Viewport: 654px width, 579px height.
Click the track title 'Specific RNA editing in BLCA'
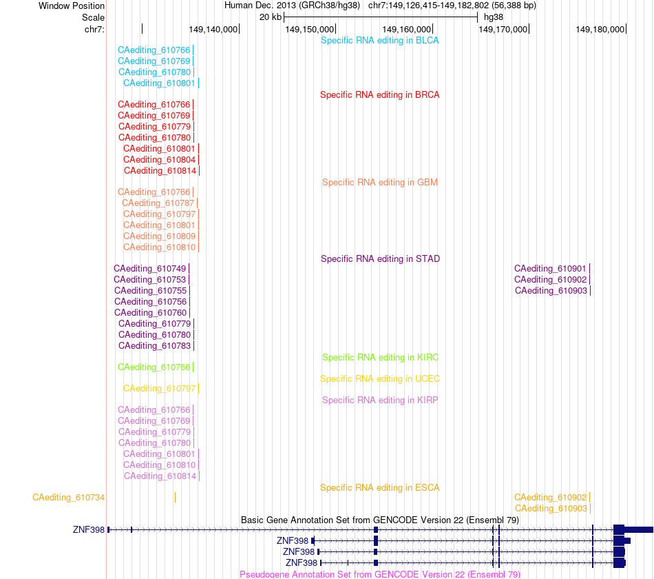tap(379, 41)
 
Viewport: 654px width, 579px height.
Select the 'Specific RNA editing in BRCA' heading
tap(379, 95)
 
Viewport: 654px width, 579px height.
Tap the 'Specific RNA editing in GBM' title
tap(379, 183)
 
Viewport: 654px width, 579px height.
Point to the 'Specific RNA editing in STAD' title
tap(380, 259)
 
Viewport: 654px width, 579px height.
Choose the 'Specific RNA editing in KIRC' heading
tap(380, 358)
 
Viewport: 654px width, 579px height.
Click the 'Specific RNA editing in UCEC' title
tap(380, 379)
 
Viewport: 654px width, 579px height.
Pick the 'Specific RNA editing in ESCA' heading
tap(379, 488)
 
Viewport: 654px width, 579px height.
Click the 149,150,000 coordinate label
tap(310, 30)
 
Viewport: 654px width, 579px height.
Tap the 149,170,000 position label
tap(503, 30)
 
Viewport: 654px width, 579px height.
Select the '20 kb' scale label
tap(271, 17)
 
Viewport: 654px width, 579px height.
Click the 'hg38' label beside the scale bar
tap(494, 17)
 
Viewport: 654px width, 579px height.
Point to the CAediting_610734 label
tap(68, 498)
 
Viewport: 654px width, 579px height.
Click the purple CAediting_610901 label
tap(550, 269)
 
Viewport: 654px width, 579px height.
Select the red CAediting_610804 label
tap(159, 160)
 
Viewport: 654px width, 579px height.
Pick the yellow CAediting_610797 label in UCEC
tap(159, 389)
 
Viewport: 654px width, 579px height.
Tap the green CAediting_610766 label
tap(154, 367)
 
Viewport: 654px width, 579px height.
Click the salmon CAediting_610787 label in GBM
tap(158, 203)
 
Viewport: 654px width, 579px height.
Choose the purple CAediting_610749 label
tap(150, 269)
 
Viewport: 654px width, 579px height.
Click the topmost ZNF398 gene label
tap(88, 529)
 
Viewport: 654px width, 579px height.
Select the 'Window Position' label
tap(72, 6)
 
